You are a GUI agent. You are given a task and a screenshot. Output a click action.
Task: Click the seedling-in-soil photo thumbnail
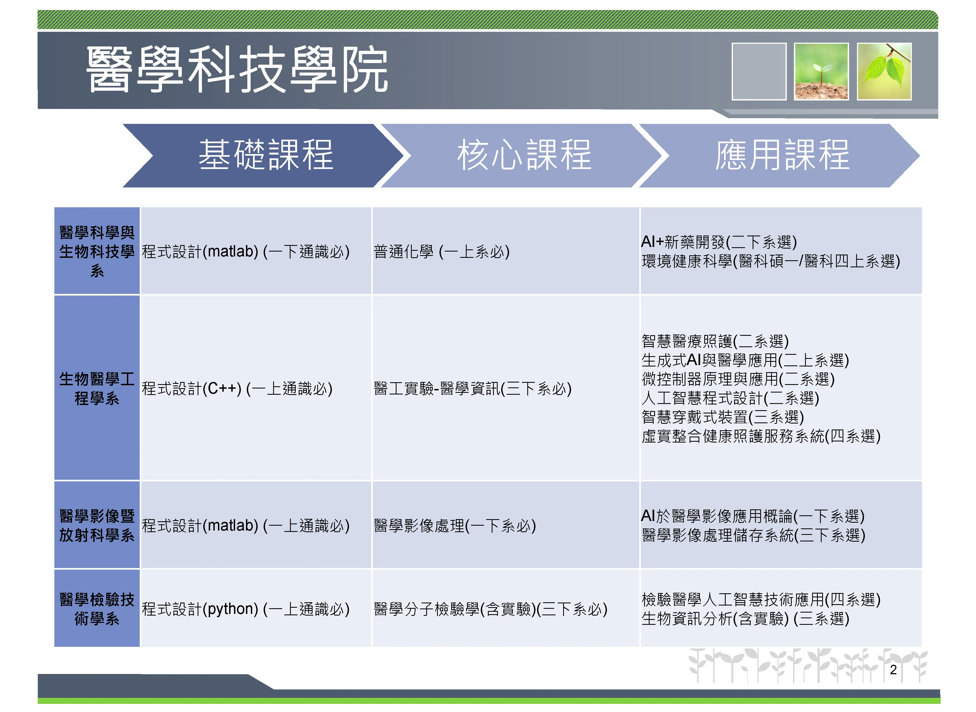(x=821, y=71)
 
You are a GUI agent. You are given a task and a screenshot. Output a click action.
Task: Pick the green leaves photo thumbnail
(x=884, y=71)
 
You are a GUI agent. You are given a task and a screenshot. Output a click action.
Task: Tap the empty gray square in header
(x=759, y=71)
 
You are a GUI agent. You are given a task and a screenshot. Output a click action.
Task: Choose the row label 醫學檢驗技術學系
(x=97, y=609)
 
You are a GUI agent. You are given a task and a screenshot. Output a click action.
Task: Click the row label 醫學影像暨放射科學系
(x=97, y=525)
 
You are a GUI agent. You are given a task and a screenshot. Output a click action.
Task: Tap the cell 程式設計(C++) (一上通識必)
(x=237, y=389)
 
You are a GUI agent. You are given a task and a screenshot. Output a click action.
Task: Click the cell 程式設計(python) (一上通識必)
(x=246, y=609)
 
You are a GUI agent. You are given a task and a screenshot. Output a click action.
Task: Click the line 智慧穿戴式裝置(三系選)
(x=723, y=417)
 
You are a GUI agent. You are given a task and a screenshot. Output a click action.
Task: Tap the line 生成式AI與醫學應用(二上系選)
(x=745, y=360)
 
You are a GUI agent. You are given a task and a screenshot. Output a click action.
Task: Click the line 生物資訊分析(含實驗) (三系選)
(x=745, y=619)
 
